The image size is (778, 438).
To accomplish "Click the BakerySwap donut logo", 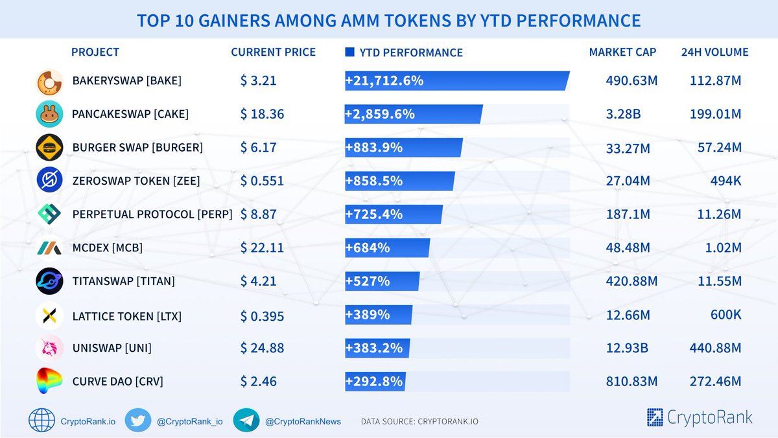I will coord(49,82).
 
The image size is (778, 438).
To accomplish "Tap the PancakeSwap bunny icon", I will coord(49,115).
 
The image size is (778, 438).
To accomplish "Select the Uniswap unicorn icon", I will coord(49,349).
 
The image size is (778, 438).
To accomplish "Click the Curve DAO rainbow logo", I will coord(49,382).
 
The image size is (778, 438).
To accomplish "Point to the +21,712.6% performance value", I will coord(384,81).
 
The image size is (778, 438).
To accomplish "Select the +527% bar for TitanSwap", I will coord(382,281).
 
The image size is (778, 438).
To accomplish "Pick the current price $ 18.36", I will coord(262,115).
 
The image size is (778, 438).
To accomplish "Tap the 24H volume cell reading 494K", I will coord(725,181).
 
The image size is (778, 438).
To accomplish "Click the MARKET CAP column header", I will coord(622,52).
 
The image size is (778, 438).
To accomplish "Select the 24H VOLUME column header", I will coord(714,52).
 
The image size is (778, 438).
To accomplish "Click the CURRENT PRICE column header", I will coord(273,52).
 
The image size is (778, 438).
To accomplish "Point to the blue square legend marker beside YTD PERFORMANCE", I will coord(349,52).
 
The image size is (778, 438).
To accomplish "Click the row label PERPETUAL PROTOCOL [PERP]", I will coord(152,214).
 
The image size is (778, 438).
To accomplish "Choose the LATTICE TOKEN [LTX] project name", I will coord(126,317).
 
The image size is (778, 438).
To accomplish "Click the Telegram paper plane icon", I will coord(246,421).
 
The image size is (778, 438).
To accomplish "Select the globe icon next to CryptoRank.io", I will coord(41,421).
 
